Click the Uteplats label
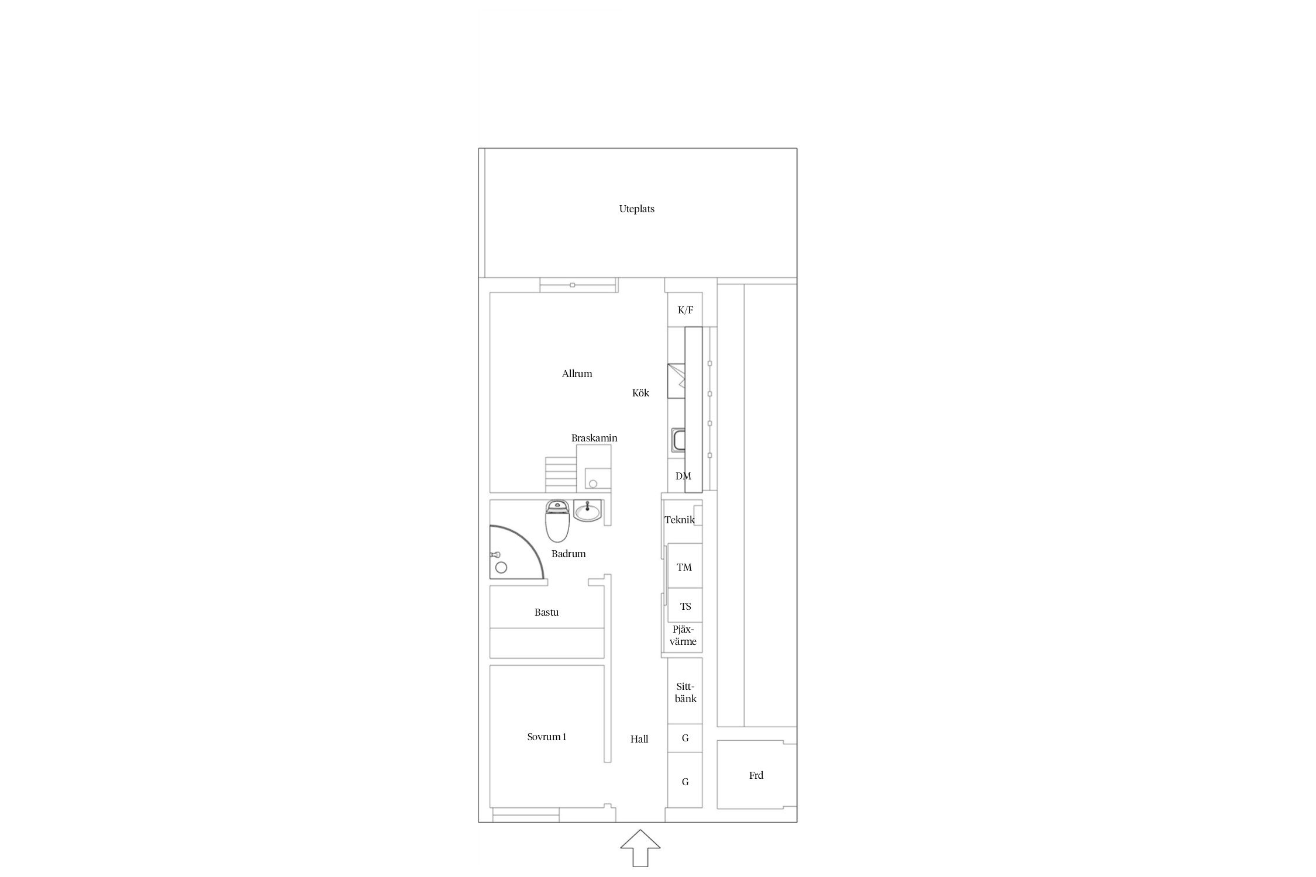637,209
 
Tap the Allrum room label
577,374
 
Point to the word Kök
640,393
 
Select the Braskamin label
594,438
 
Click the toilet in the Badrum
557,521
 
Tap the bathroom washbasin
587,510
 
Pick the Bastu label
546,612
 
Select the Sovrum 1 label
547,737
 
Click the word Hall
639,739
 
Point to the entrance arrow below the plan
640,848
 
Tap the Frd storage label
756,775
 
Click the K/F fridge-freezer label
685,310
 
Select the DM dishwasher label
683,476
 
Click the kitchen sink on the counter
678,440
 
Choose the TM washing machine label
684,567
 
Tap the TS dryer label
685,606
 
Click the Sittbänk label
685,693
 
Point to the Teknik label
680,520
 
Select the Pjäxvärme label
683,636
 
